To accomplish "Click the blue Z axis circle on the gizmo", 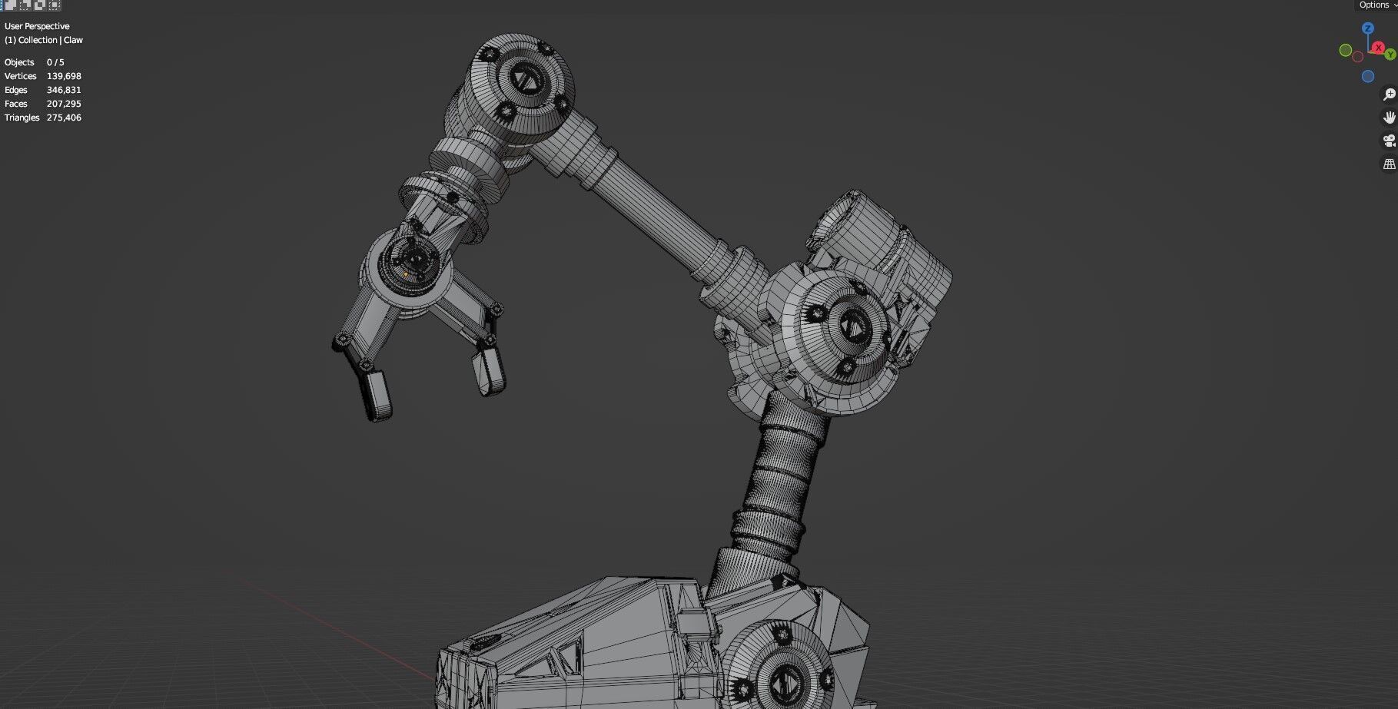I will tap(1367, 28).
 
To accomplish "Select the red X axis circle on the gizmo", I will tap(1378, 48).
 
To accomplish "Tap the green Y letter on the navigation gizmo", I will tap(1390, 55).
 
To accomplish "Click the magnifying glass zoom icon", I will tap(1389, 94).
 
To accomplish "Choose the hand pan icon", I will tap(1389, 118).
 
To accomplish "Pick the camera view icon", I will tap(1389, 141).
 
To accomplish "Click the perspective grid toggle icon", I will tap(1389, 164).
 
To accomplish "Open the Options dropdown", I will tap(1376, 5).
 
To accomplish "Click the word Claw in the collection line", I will tap(74, 40).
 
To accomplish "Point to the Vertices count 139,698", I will tap(64, 76).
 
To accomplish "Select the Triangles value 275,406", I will tap(64, 118).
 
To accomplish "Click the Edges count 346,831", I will tap(64, 90).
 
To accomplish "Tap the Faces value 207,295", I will tap(64, 104).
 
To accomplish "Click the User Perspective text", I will tap(37, 26).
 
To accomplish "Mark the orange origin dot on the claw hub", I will tap(406, 274).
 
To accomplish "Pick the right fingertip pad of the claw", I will tap(490, 370).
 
